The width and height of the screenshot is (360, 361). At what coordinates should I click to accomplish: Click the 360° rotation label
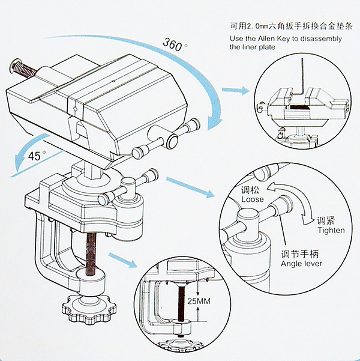pyautogui.click(x=175, y=43)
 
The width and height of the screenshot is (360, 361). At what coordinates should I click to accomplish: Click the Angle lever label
pyautogui.click(x=301, y=263)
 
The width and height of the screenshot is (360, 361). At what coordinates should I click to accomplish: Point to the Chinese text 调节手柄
pyautogui.click(x=301, y=253)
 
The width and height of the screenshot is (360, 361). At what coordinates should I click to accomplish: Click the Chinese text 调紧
pyautogui.click(x=326, y=220)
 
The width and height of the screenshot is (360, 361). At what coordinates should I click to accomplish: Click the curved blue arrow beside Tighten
pyautogui.click(x=304, y=211)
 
